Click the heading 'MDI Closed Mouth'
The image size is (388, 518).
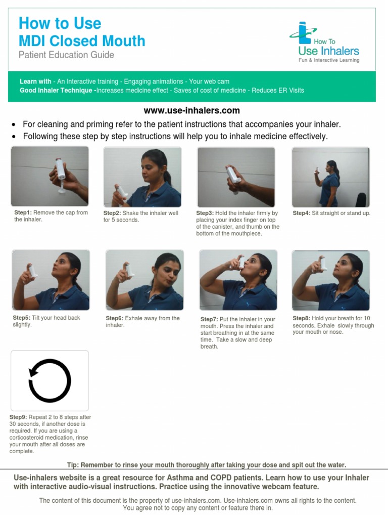(82, 41)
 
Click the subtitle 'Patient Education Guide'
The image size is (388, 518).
(66, 55)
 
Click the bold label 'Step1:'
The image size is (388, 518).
(23, 213)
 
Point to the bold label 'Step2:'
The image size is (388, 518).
(113, 213)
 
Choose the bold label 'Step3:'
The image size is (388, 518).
(205, 213)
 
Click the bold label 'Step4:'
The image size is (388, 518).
(302, 213)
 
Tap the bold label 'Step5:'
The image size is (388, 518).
(22, 318)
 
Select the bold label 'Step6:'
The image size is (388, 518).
(115, 319)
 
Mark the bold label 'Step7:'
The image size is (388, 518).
(209, 320)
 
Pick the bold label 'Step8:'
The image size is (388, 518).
(302, 319)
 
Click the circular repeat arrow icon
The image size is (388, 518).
(50, 380)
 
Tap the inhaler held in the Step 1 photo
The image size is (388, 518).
(59, 169)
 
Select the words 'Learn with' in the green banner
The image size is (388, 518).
(35, 81)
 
